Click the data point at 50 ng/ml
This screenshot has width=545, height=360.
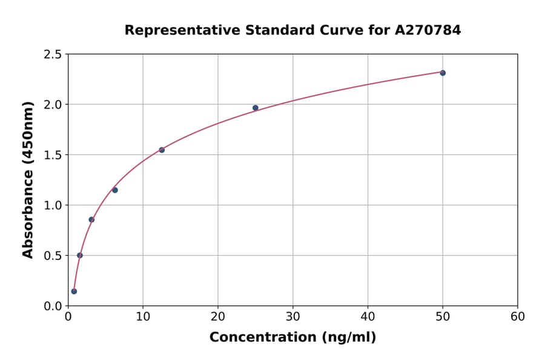click(x=443, y=73)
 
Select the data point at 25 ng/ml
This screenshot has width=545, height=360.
click(x=256, y=108)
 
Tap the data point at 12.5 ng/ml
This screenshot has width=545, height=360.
click(x=162, y=150)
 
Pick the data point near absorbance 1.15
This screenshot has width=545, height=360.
click(x=115, y=190)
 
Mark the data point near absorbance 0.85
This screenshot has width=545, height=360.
click(x=91, y=219)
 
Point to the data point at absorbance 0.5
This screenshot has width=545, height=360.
click(x=80, y=255)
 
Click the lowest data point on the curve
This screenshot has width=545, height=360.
click(x=74, y=292)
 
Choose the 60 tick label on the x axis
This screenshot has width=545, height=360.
click(x=518, y=317)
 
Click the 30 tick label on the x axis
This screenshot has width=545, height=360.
click(x=293, y=317)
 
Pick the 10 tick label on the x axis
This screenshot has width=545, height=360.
click(x=143, y=317)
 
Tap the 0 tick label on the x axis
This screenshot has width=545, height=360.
click(x=68, y=317)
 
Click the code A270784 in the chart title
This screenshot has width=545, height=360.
click(x=428, y=30)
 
